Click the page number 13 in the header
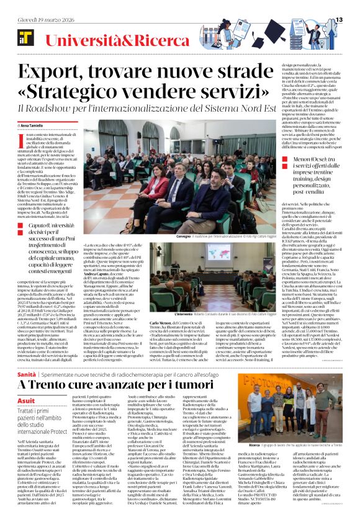point(340,20)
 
